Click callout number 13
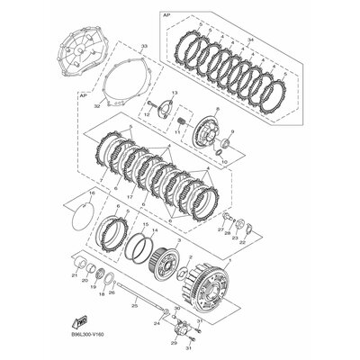coord(174,94)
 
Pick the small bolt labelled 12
coord(147,113)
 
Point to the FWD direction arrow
coord(80,319)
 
